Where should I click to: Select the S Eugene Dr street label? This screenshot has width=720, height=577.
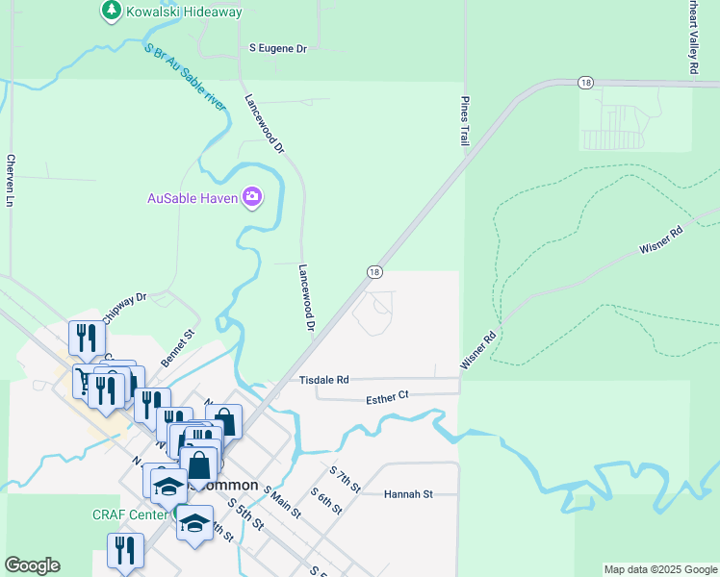277,47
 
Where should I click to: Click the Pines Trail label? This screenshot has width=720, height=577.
464,121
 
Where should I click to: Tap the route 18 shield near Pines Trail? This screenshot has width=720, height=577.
585,84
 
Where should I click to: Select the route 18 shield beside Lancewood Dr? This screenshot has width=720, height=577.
373,272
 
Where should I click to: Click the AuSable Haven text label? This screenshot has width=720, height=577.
192,198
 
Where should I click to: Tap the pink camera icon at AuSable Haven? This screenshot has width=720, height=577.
252,197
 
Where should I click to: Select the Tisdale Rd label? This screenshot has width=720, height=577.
323,380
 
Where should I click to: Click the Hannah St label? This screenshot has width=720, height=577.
408,493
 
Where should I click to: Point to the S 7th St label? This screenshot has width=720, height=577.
345,480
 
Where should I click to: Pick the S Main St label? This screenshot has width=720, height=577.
281,503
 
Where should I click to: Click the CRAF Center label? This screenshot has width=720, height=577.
131,514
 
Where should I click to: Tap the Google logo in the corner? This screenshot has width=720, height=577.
32,565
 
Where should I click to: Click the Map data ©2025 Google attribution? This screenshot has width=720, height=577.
660,569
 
